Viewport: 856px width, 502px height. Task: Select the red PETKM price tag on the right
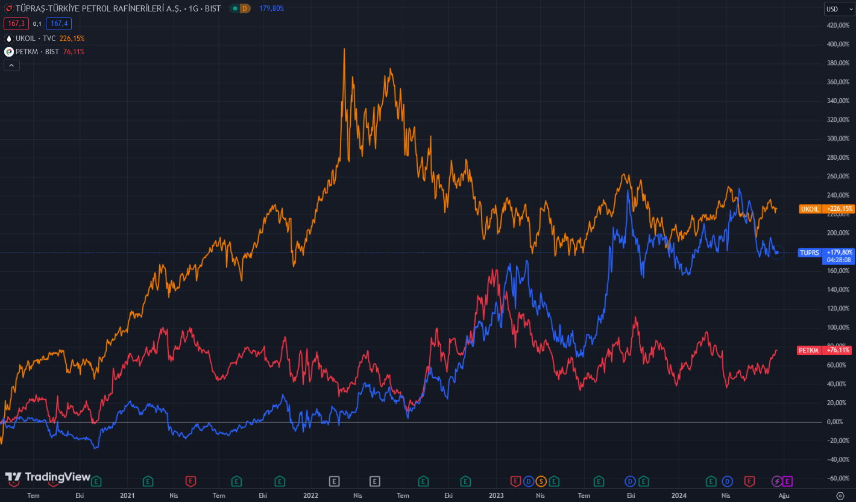[825, 350]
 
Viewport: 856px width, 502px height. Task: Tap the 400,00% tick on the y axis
[838, 45]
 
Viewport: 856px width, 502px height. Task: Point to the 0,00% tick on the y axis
[834, 422]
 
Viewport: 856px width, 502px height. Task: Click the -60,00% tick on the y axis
[837, 478]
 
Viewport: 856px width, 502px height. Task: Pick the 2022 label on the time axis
[311, 495]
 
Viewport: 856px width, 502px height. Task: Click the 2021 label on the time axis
[127, 495]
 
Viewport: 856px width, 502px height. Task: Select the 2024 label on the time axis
[679, 495]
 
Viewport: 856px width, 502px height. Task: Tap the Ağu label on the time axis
[784, 495]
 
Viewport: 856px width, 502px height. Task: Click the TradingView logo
[48, 477]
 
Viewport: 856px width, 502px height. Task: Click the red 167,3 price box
[16, 24]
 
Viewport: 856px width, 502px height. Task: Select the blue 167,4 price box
[58, 24]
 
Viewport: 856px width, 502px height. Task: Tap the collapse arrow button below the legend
[11, 65]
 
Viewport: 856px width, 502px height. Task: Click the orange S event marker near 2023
[541, 481]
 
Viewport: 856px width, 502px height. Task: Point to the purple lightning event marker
[777, 481]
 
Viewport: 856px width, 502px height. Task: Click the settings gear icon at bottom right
[840, 495]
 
